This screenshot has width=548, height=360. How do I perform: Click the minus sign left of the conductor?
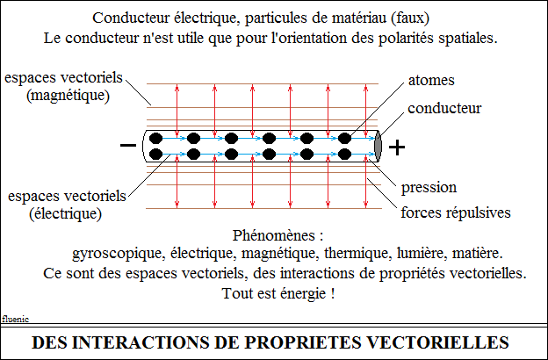click(x=128, y=145)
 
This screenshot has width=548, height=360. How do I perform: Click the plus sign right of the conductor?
click(x=397, y=148)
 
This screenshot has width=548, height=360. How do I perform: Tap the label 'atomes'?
click(x=431, y=81)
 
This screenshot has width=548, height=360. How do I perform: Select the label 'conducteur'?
click(x=444, y=108)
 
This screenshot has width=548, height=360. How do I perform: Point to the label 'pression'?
click(x=429, y=188)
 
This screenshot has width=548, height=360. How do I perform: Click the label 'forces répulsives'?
click(x=456, y=212)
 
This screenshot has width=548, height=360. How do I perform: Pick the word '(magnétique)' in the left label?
click(x=68, y=96)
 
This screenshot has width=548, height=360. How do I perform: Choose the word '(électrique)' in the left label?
click(x=65, y=213)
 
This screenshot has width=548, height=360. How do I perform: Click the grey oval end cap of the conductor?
click(x=378, y=146)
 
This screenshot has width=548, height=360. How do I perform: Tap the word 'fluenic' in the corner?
click(x=16, y=319)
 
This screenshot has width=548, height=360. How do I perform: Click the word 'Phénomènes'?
click(x=274, y=235)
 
